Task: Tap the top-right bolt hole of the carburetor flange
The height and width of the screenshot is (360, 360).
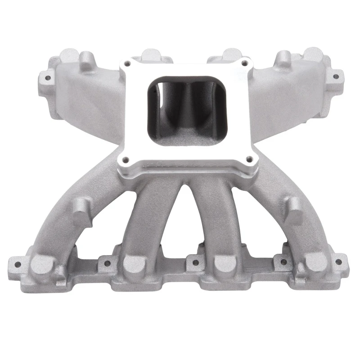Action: [245, 63]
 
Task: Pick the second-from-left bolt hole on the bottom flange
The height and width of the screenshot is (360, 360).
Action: [106, 264]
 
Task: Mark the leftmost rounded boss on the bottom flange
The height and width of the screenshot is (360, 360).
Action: [41, 264]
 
